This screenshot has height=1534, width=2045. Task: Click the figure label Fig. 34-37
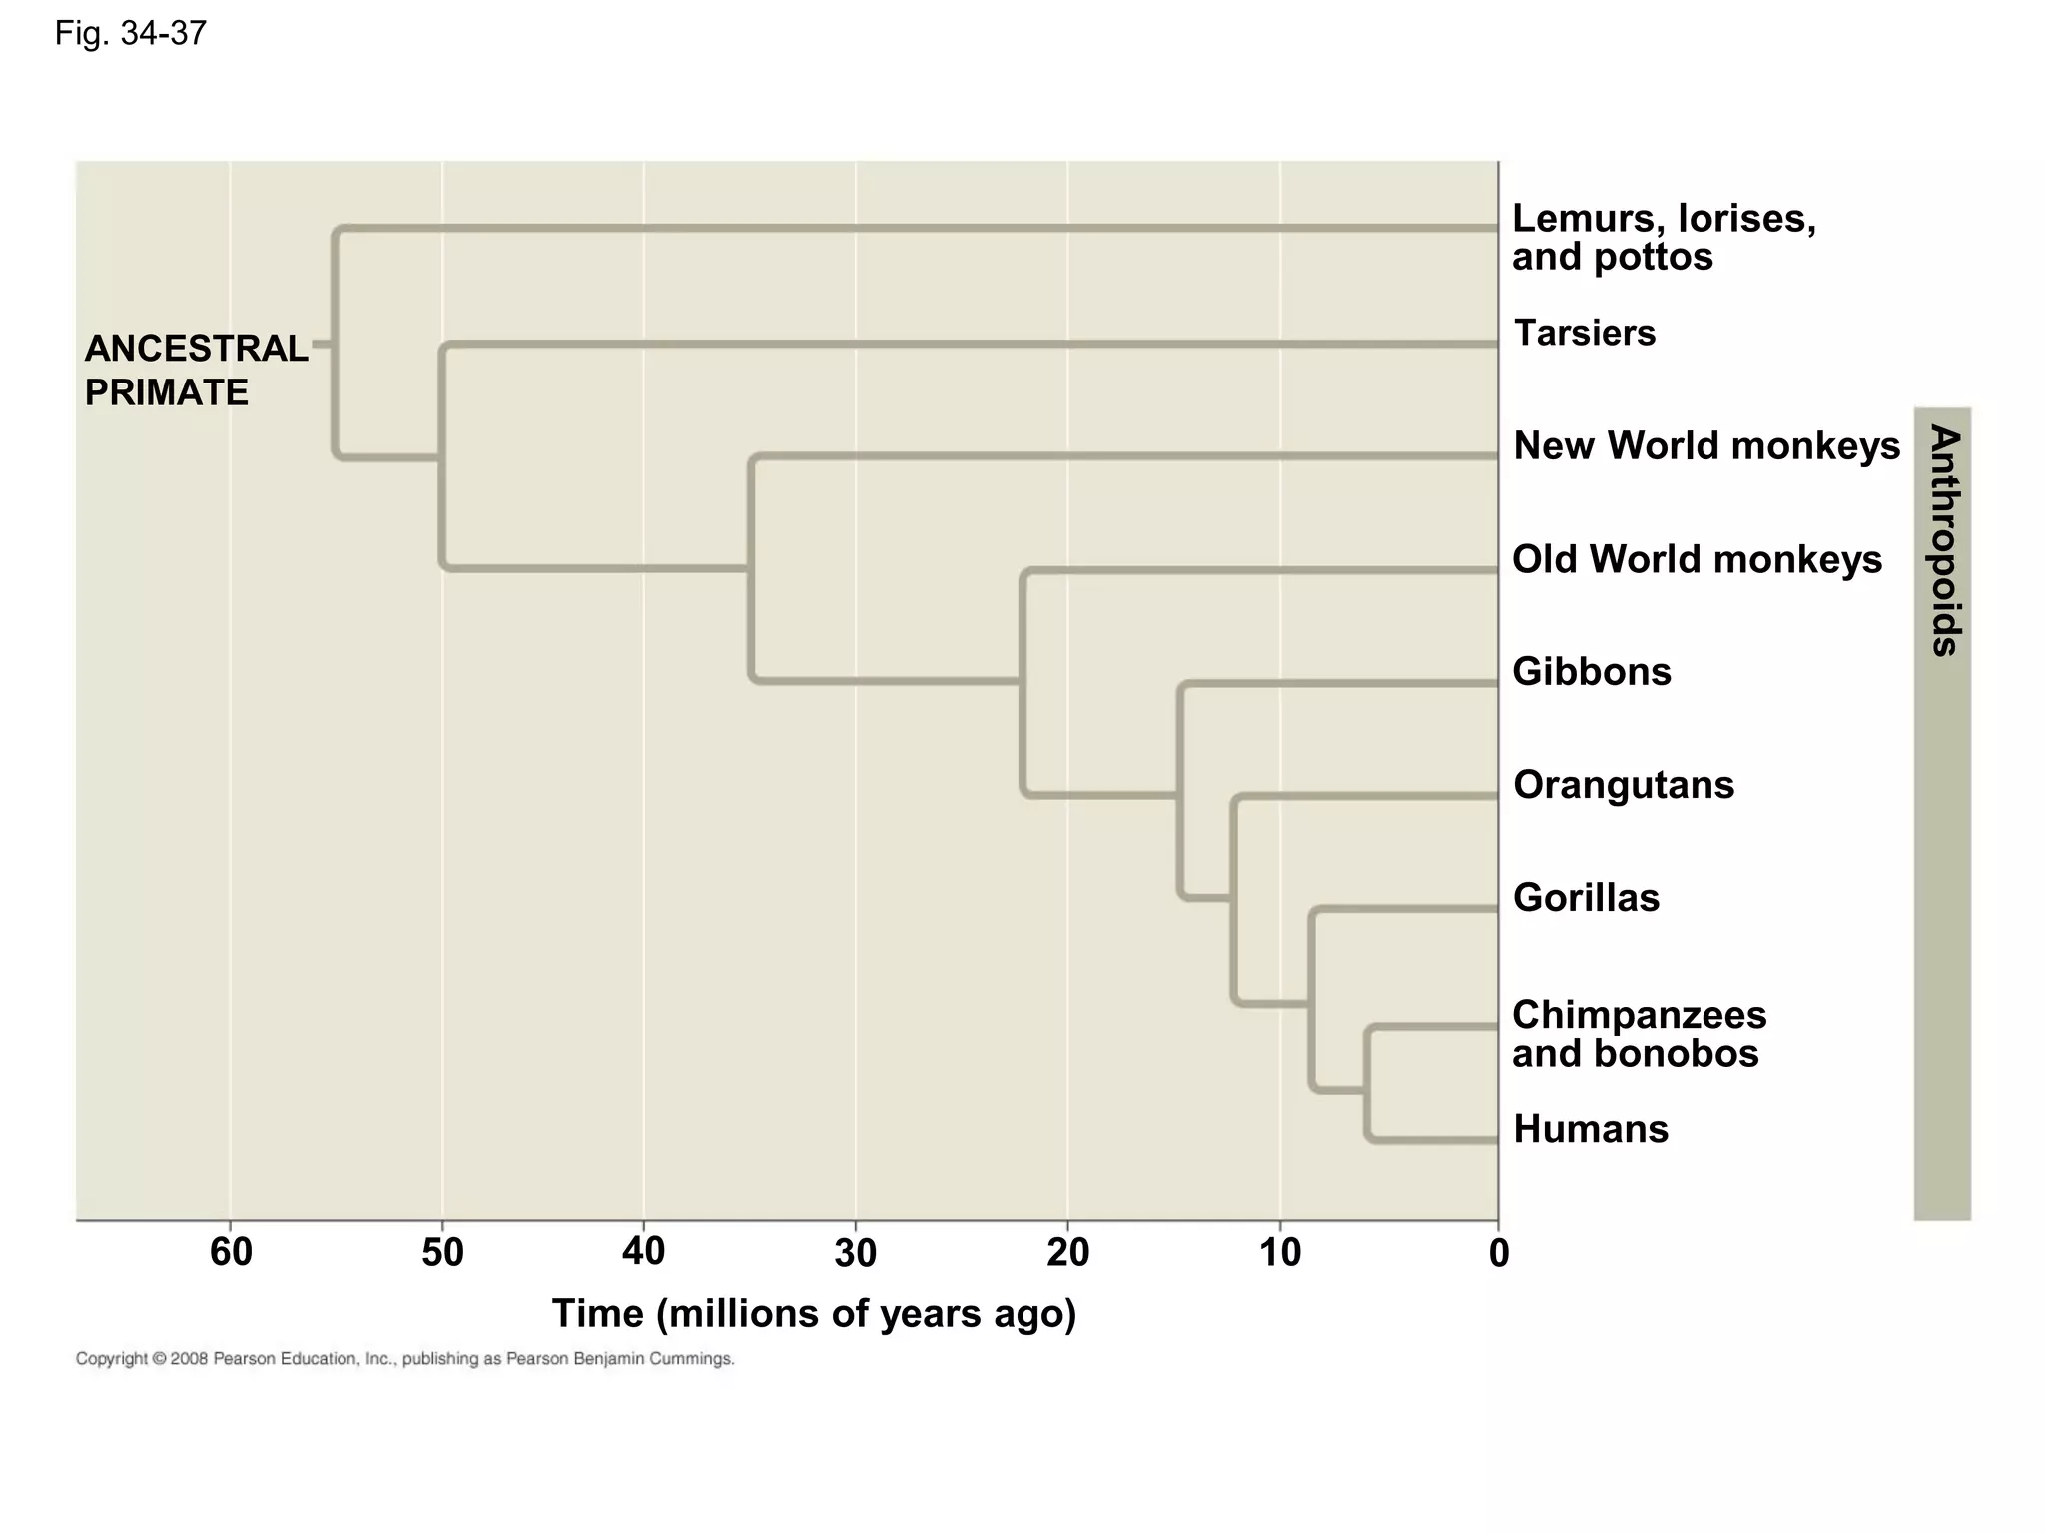[131, 34]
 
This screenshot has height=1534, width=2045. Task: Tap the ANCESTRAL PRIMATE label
[196, 371]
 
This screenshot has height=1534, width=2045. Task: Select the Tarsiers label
[1585, 333]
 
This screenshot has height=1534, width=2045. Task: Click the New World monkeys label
[1706, 445]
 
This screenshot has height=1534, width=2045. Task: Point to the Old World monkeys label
[1697, 559]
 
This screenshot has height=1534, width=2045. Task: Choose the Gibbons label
[1592, 672]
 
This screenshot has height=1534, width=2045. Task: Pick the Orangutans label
[1624, 785]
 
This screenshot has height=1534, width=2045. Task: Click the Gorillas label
[1586, 898]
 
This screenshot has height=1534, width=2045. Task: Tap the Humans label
[1591, 1130]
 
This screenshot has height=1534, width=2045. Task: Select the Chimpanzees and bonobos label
[1639, 1034]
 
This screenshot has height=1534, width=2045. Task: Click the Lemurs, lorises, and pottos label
[1664, 237]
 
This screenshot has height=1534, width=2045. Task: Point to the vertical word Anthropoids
[1944, 540]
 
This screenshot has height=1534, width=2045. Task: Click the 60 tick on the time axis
[231, 1252]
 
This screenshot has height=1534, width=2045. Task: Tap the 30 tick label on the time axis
[856, 1252]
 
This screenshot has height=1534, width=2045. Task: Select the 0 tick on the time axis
[1498, 1253]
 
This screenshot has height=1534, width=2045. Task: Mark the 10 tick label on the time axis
[1280, 1252]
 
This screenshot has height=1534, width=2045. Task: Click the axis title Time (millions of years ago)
[814, 1314]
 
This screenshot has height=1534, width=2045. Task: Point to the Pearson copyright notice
[405, 1359]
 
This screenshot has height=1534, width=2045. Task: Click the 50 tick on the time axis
[442, 1252]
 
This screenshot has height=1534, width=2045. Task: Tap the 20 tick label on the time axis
[1067, 1252]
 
